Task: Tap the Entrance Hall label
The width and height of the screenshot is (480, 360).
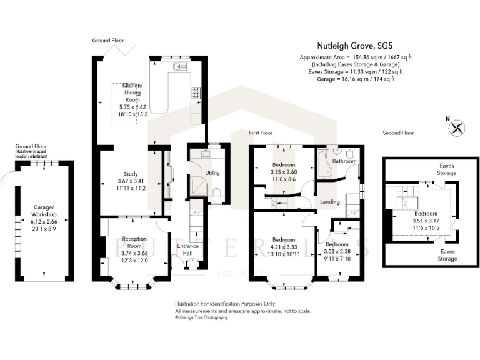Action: [187, 249]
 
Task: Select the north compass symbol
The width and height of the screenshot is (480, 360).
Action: [457, 127]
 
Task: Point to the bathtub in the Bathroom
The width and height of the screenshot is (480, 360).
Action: [322, 166]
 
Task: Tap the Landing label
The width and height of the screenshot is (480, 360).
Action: [330, 202]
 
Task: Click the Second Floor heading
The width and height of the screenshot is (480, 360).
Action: [398, 133]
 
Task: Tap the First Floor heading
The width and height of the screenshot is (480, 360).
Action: [261, 133]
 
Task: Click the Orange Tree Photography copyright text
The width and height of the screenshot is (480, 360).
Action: [201, 317]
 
